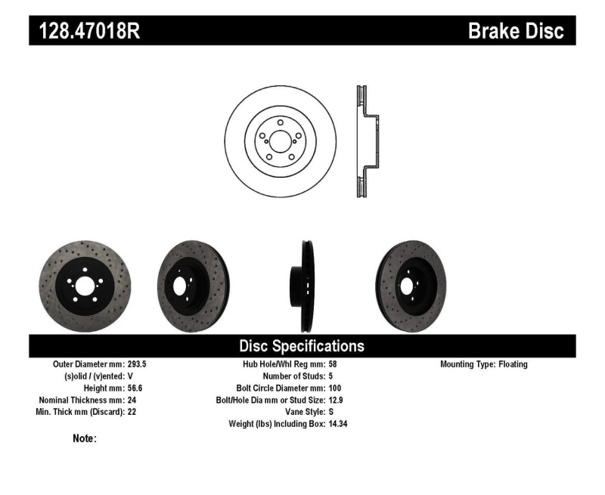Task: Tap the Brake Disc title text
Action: [516, 30]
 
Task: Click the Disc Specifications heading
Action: [302, 346]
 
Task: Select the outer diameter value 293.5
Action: [138, 364]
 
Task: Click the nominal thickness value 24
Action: [131, 400]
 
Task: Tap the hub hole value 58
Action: [334, 364]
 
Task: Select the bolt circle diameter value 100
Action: [336, 388]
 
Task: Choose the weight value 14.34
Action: [338, 424]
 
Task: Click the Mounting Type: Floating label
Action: [484, 364]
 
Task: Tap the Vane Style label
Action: [301, 412]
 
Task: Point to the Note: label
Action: [84, 438]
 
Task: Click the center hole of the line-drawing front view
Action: [279, 141]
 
